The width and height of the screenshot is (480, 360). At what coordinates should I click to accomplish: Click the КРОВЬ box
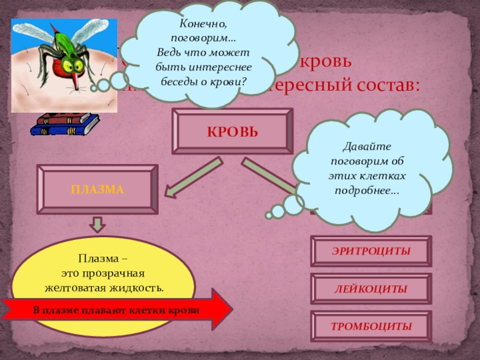(x=232, y=131)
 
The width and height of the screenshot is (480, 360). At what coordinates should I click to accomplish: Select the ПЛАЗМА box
(x=97, y=190)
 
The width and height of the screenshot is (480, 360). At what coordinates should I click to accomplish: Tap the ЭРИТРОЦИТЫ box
(x=371, y=251)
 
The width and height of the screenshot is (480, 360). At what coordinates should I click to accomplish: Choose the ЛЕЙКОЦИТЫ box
(x=371, y=289)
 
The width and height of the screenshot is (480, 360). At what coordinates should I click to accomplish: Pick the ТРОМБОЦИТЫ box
(x=371, y=327)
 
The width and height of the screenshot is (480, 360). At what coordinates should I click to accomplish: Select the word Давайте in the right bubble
(x=366, y=146)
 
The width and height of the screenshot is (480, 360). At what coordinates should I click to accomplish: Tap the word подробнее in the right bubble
(x=368, y=191)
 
